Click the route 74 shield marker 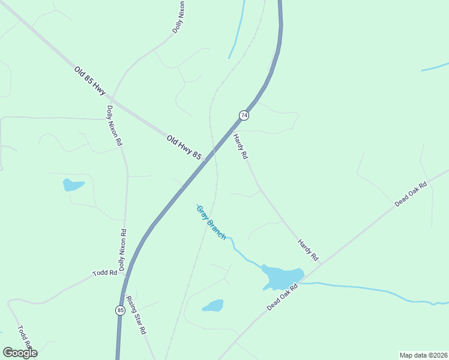click(x=243, y=115)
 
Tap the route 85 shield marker click(x=120, y=310)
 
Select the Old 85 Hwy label click(x=89, y=80)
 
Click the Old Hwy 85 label click(x=184, y=147)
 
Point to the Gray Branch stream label click(x=211, y=222)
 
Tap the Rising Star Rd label click(x=136, y=314)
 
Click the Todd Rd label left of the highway click(x=104, y=273)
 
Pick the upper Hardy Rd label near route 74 click(x=240, y=146)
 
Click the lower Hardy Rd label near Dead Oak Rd click(x=308, y=250)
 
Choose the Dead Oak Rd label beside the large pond click(x=283, y=298)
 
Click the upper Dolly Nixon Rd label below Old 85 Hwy click(x=114, y=126)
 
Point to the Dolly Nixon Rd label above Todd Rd click(x=122, y=250)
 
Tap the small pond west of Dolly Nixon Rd click(x=73, y=185)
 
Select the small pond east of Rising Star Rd click(x=213, y=306)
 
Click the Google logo click(x=20, y=353)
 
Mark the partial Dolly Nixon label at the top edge click(x=178, y=17)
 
